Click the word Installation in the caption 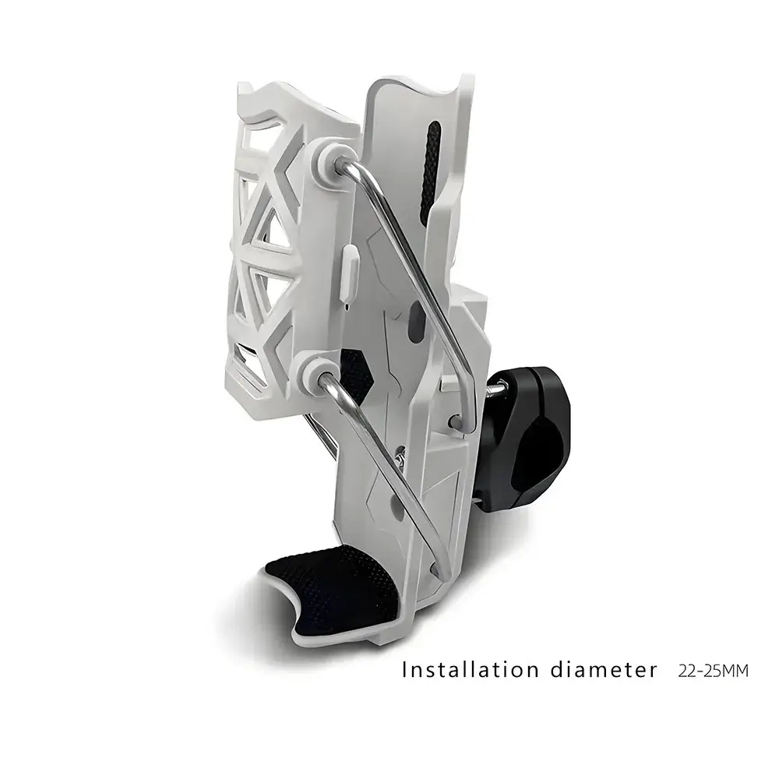pos(470,670)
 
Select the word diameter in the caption pos(604,670)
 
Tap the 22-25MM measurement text pos(713,671)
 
